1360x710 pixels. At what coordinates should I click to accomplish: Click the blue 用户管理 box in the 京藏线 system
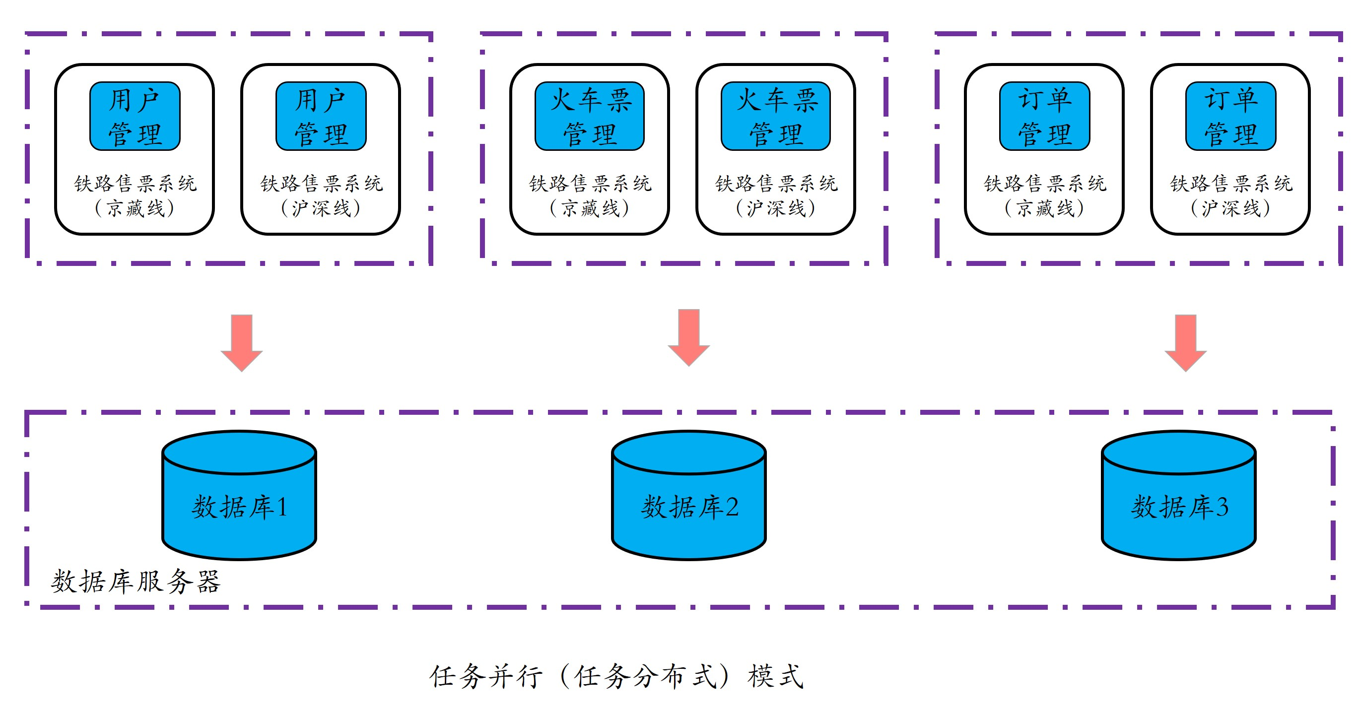pyautogui.click(x=135, y=116)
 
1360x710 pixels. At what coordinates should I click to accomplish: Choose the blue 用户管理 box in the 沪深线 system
pyautogui.click(x=321, y=116)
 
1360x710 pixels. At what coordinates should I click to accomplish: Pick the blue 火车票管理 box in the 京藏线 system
pyautogui.click(x=589, y=116)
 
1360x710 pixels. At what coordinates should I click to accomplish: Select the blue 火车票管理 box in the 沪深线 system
pyautogui.click(x=776, y=116)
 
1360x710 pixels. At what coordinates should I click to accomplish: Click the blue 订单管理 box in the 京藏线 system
pyautogui.click(x=1044, y=116)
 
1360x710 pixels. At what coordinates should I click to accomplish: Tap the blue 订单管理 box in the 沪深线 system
pyautogui.click(x=1230, y=116)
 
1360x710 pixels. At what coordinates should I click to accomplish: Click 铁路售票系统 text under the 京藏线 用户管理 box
pyautogui.click(x=135, y=184)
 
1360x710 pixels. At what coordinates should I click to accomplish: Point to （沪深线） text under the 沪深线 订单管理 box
pyautogui.click(x=1230, y=208)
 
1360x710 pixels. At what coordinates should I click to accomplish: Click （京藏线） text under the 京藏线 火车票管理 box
pyautogui.click(x=589, y=208)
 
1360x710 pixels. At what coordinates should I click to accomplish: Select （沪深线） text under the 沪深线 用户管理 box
pyautogui.click(x=321, y=208)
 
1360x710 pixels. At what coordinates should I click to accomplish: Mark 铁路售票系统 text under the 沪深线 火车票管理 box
pyautogui.click(x=776, y=184)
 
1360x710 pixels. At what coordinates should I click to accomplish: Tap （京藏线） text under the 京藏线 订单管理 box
pyautogui.click(x=1044, y=208)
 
